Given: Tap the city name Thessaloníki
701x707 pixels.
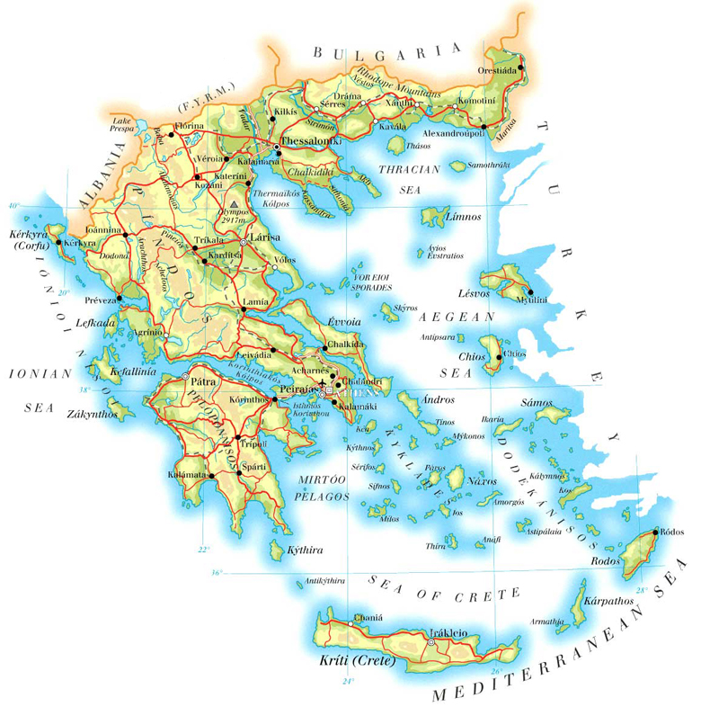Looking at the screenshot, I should click(x=309, y=141).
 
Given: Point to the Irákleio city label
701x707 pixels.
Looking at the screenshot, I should click(x=448, y=632).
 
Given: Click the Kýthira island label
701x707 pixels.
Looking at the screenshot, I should click(x=303, y=550).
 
